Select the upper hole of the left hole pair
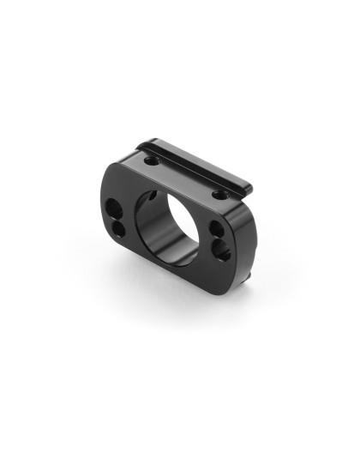tap(114, 208)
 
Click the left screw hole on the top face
tap(152, 160)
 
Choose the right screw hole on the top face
tap(220, 196)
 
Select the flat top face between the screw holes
tap(184, 176)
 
